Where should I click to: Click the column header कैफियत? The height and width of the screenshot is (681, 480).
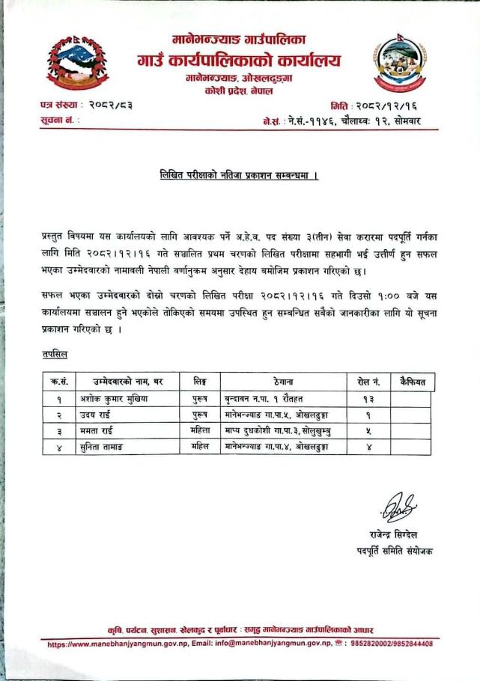[x=412, y=382]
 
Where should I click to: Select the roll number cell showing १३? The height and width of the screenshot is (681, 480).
[x=368, y=399]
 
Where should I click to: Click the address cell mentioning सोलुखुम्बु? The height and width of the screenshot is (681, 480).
[x=280, y=430]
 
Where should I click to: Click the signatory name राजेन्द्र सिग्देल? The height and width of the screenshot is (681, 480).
[x=394, y=535]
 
